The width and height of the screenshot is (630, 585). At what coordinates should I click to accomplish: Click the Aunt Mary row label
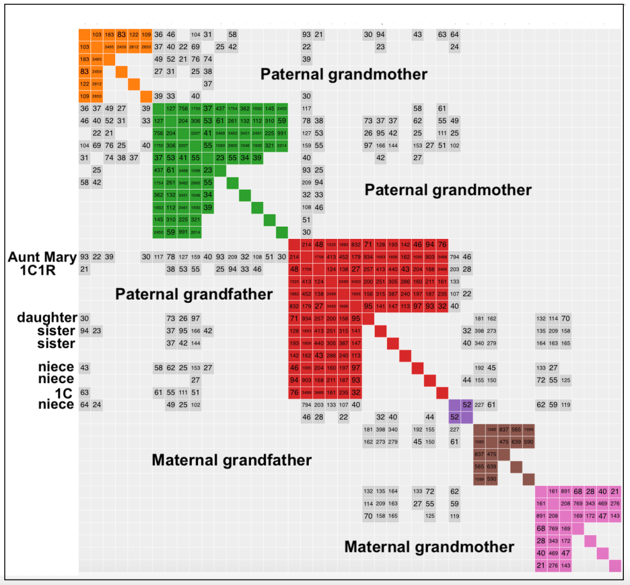coord(42,257)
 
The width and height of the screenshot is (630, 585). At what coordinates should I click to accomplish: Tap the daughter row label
coord(47,318)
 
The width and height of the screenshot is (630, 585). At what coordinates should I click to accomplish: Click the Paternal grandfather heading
coord(194,294)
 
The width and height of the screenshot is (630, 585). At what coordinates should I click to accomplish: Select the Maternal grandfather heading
coord(231,460)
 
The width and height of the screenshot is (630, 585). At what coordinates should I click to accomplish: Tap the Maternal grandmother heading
coord(429,546)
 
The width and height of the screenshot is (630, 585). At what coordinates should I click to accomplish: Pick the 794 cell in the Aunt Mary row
coord(455,257)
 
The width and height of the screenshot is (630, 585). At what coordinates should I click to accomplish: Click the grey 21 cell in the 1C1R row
coord(84,269)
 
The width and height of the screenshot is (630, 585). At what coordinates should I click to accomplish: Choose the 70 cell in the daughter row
coord(565,318)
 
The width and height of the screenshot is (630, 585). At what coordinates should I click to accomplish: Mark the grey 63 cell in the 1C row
coord(84,392)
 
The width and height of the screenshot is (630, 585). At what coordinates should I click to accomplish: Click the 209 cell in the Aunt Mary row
coord(233,257)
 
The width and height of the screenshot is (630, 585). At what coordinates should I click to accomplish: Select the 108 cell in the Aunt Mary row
coord(257,257)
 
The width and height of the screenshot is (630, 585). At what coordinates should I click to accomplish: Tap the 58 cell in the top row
coord(233,34)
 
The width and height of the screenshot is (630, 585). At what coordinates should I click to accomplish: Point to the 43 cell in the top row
coord(418,34)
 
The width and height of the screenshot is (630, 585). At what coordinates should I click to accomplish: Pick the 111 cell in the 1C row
coord(183,392)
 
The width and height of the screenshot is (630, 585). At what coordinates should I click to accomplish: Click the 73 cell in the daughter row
coord(170,318)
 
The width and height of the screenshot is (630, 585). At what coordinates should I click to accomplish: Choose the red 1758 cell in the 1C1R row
coord(306,269)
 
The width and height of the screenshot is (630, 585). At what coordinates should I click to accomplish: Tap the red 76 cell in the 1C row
coord(294,392)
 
